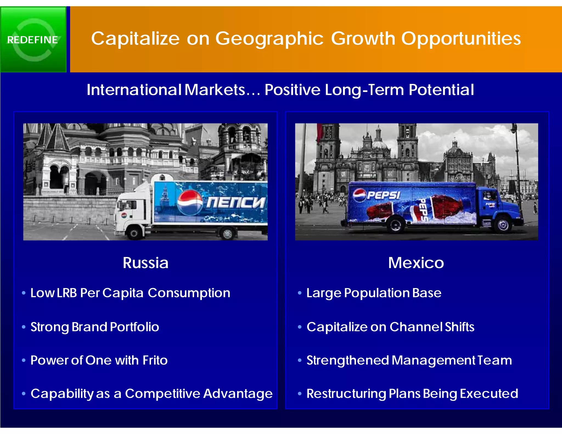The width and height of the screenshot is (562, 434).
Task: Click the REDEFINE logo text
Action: pyautogui.click(x=32, y=40)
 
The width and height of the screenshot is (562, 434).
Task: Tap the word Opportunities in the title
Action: pyautogui.click(x=461, y=38)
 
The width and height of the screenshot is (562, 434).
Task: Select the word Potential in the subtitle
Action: pyautogui.click(x=441, y=90)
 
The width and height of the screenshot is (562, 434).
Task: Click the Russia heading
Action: pyautogui.click(x=145, y=263)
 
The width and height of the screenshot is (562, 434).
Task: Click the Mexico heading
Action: pyautogui.click(x=416, y=263)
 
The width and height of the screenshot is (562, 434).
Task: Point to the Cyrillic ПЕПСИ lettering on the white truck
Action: pyautogui.click(x=235, y=202)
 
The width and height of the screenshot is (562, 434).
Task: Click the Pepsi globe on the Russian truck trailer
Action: pyautogui.click(x=190, y=202)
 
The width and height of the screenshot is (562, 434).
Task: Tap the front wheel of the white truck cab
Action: pyautogui.click(x=134, y=233)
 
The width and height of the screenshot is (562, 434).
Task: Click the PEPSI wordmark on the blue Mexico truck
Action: pyautogui.click(x=383, y=195)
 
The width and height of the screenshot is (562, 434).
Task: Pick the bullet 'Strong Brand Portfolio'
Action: pyautogui.click(x=95, y=327)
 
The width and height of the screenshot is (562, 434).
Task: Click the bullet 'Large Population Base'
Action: pyautogui.click(x=374, y=293)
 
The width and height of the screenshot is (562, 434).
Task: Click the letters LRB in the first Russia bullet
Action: pyautogui.click(x=67, y=293)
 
